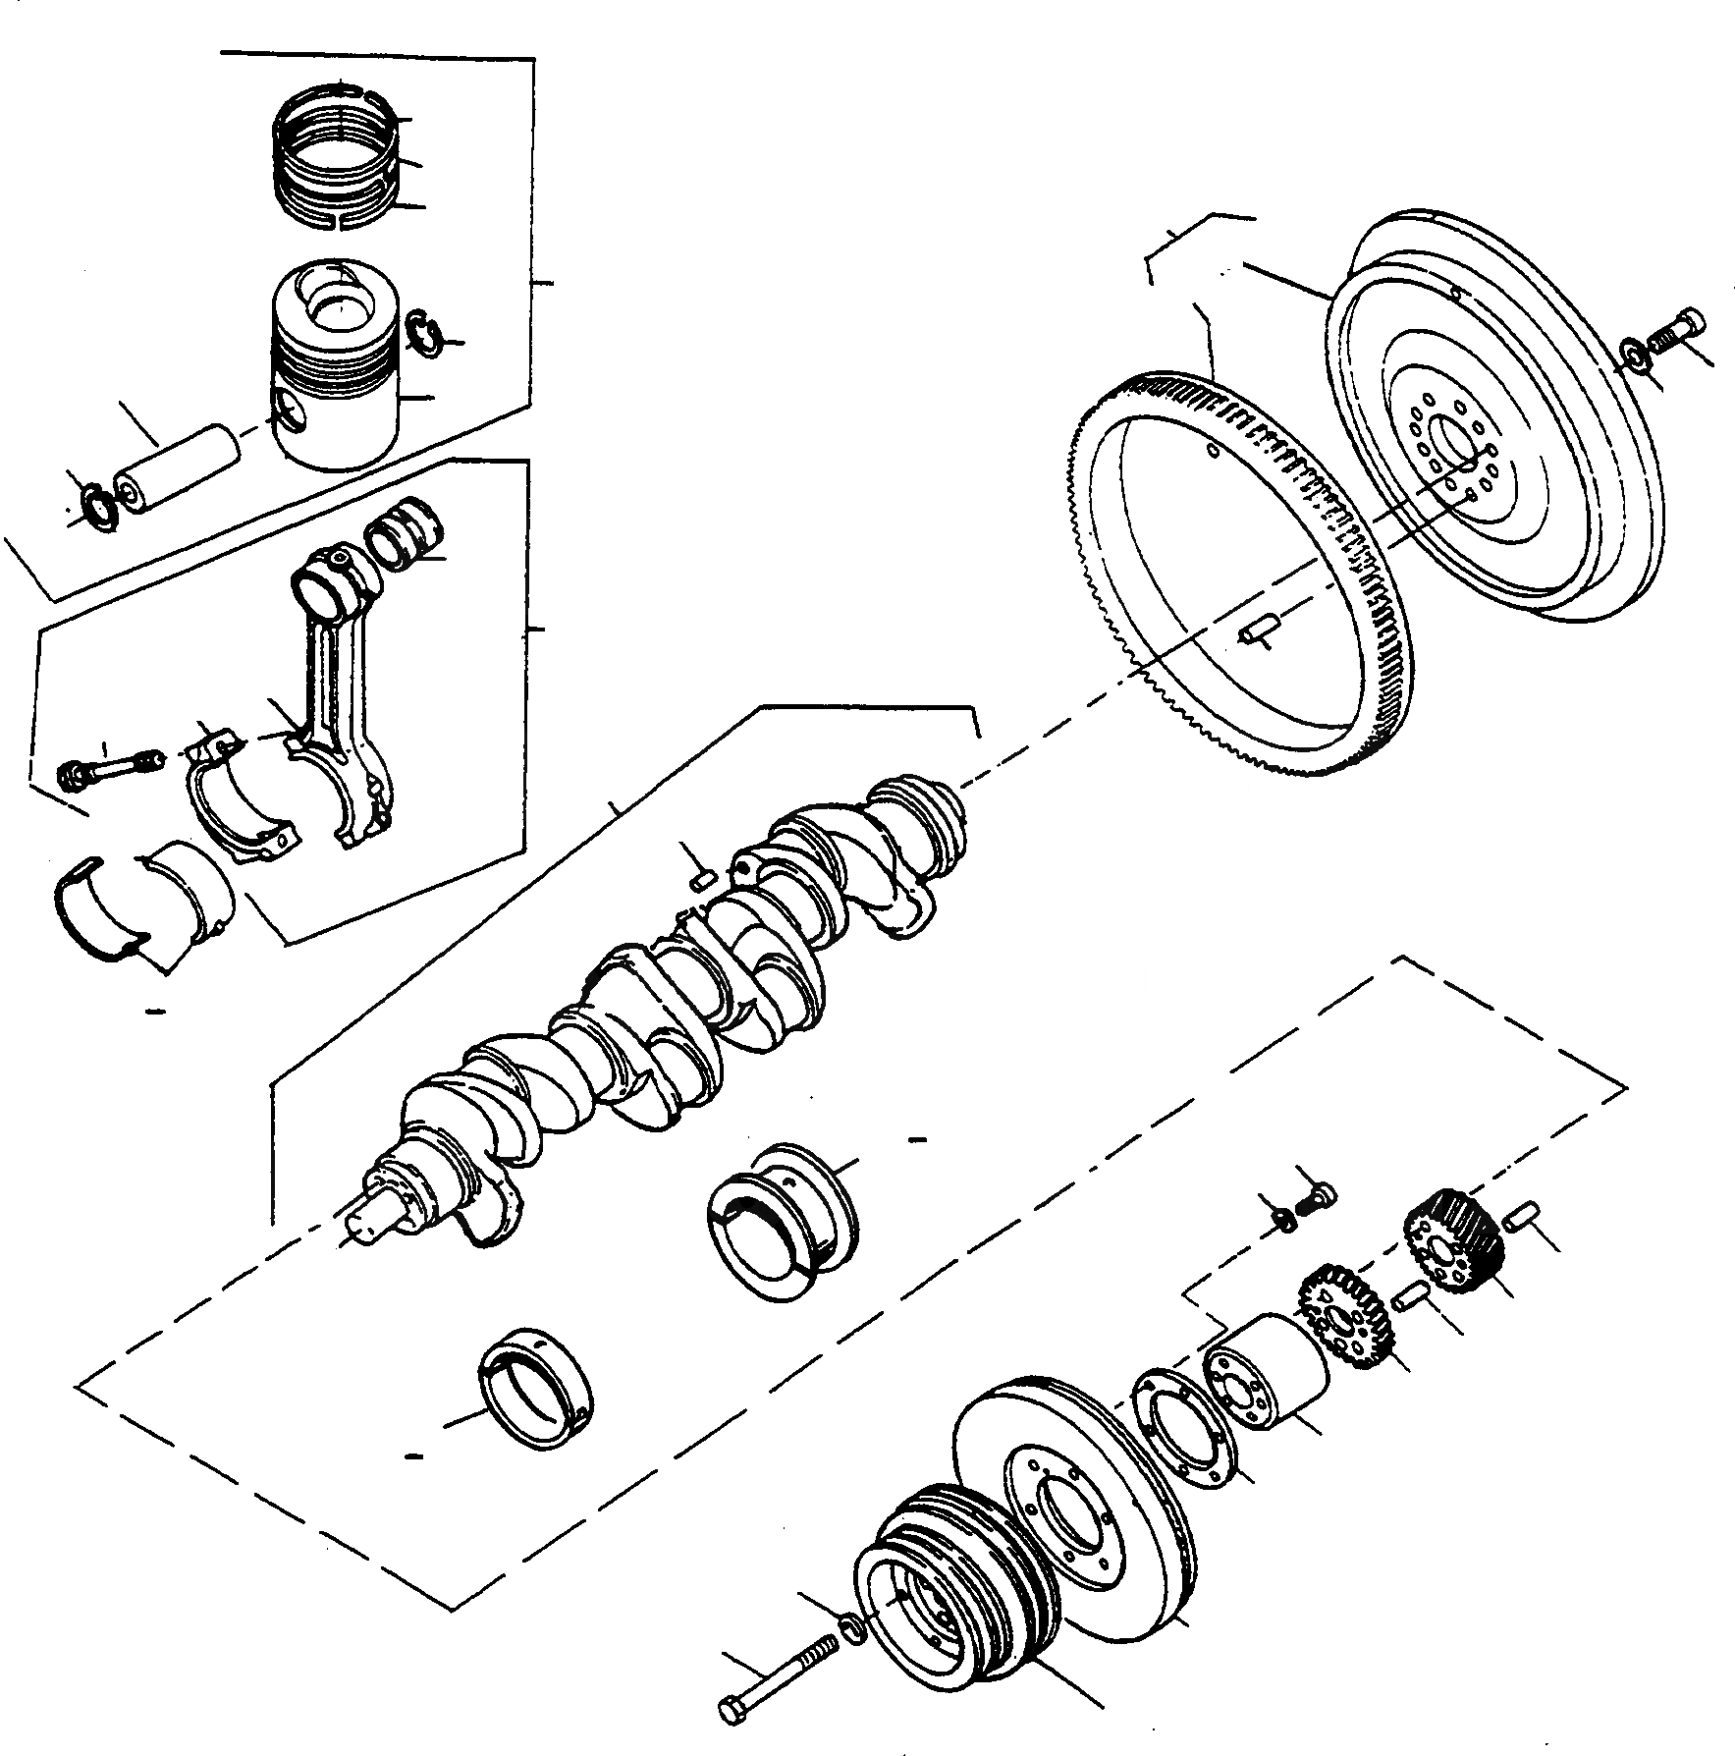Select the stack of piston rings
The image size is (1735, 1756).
coord(336,157)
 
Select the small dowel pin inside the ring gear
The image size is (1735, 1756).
coord(1256,628)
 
